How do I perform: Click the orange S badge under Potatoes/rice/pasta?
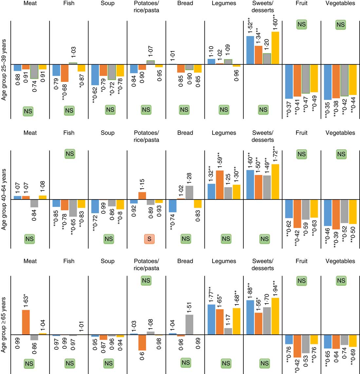[149, 239]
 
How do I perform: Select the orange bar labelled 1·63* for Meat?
[26, 322]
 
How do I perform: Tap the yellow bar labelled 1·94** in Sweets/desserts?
[275, 316]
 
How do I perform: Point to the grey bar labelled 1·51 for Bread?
[189, 325]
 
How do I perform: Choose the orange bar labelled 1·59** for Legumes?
[220, 185]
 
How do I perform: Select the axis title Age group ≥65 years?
[4, 324]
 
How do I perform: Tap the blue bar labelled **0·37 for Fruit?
[289, 81]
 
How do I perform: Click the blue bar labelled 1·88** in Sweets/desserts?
[250, 317]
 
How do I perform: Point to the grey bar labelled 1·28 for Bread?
[189, 192]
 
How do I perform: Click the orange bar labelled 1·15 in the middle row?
[142, 196]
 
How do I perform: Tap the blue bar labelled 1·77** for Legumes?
[211, 319]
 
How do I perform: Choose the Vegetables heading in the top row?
[340, 3]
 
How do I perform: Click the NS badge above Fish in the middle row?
[70, 154]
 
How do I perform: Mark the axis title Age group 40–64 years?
[4, 199]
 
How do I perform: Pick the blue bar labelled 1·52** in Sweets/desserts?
[250, 50]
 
